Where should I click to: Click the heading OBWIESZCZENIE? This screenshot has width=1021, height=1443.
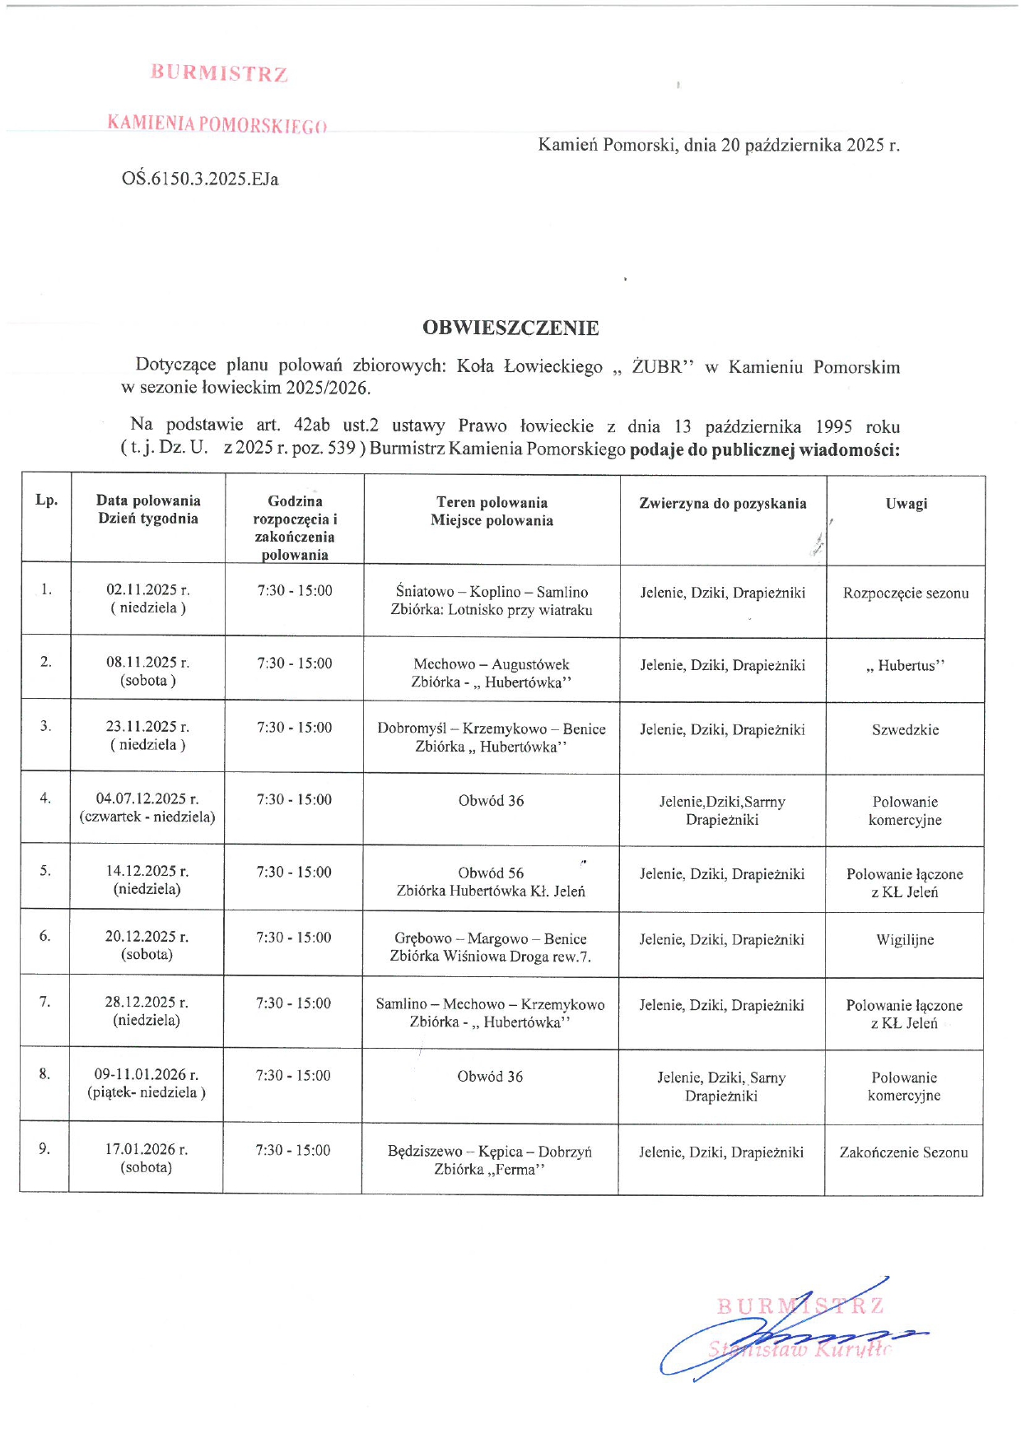pos(510,328)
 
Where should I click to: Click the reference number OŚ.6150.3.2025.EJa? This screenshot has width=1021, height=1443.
pos(200,179)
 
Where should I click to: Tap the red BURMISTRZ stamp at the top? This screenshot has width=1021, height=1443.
pos(219,74)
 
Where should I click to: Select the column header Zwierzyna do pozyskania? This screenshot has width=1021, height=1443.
pos(723,504)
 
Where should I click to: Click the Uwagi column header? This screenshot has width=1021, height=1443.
pos(906,504)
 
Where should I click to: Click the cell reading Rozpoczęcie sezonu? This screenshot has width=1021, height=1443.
pos(906,593)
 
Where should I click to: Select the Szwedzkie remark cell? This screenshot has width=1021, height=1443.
pos(905,730)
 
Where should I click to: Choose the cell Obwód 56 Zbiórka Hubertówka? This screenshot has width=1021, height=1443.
pos(491,882)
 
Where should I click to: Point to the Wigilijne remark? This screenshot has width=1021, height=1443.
pos(905,940)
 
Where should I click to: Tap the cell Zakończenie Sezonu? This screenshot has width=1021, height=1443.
pos(903,1152)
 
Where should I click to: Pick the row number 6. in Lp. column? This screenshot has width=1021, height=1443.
pos(44,937)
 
